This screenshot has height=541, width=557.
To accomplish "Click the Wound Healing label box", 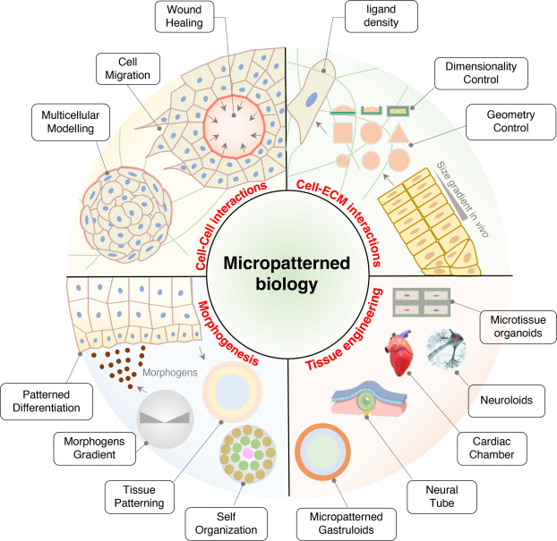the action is tap(184, 16).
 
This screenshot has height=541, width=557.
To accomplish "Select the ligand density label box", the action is tap(381, 16).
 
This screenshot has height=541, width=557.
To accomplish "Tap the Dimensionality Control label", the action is tap(481, 73).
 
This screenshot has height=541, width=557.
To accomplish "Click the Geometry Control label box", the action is tap(510, 122).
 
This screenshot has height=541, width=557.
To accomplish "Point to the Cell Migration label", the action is tap(128, 69).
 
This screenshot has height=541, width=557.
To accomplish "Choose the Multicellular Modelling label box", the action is tap(71, 122).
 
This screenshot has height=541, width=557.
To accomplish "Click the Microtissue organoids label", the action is tap(518, 326).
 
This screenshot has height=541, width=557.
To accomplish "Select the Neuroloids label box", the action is tap(507, 401).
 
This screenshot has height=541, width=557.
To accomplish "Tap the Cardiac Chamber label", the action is tap(492, 448).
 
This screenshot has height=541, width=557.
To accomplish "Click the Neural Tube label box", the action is tap(441, 496).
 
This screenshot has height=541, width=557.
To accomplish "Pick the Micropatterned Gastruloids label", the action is tap(347, 524).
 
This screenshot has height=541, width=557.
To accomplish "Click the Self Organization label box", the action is tap(227, 524).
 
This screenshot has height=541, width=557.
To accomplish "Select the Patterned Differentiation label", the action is tap(47, 402).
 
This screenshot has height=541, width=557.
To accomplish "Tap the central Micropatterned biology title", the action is tap(287, 274).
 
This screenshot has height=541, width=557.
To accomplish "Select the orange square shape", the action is tap(343, 133).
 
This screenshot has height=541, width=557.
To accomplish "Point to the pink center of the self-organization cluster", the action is tap(248, 453).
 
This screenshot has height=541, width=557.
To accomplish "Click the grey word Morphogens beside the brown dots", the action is tap(170, 373).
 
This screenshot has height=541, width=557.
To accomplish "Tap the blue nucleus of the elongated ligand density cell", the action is tap(312, 99).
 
